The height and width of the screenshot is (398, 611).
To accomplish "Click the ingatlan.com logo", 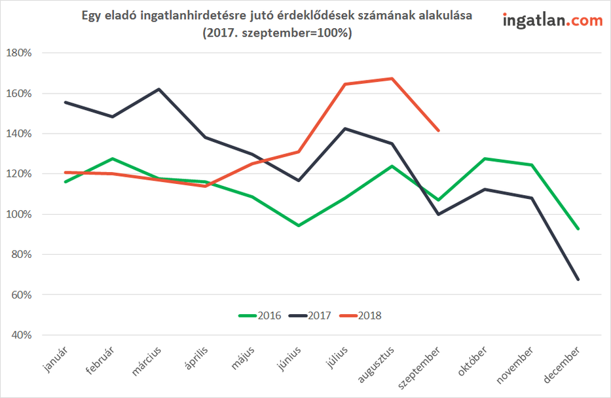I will pyautogui.click(x=553, y=20).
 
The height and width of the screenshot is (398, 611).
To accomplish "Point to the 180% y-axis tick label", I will pyautogui.click(x=18, y=53).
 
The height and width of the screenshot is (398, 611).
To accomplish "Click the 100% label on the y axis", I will pyautogui.click(x=18, y=214).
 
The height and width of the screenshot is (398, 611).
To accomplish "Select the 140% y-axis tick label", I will pyautogui.click(x=18, y=134).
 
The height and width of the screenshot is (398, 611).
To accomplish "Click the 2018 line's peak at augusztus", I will pyautogui.click(x=392, y=79).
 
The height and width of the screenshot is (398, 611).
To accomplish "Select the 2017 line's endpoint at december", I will pyautogui.click(x=578, y=280).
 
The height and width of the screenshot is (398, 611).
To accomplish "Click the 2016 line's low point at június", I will pyautogui.click(x=299, y=225).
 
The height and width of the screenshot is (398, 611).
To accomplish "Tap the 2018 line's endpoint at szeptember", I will pyautogui.click(x=439, y=130).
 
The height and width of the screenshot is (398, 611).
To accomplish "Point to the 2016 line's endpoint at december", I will pyautogui.click(x=578, y=228).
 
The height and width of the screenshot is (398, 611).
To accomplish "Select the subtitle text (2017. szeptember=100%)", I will pyautogui.click(x=278, y=33).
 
